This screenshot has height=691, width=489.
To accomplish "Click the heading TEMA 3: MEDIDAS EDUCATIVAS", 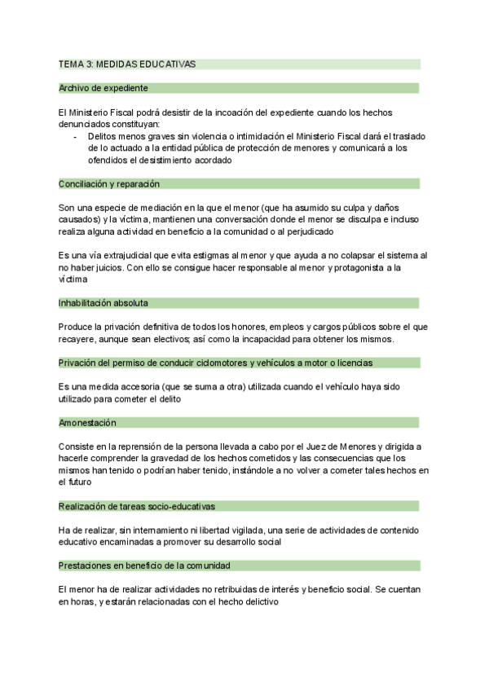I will coord(127,64).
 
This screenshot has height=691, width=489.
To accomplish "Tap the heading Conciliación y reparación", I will coord(109,184).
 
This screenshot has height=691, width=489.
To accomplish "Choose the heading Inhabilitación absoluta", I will coord(104,302).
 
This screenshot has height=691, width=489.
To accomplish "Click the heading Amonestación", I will coord(87,422).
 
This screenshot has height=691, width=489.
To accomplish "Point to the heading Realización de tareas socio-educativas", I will coord(137,506).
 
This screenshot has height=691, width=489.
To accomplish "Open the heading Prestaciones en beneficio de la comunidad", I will coord(144,565).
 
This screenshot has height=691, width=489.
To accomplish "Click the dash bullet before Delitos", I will coord(76,136).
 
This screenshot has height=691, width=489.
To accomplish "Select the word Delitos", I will coord(103,136).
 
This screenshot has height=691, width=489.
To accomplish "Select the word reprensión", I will coord(140,447).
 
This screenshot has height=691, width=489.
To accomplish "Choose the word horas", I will coord(84,601).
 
